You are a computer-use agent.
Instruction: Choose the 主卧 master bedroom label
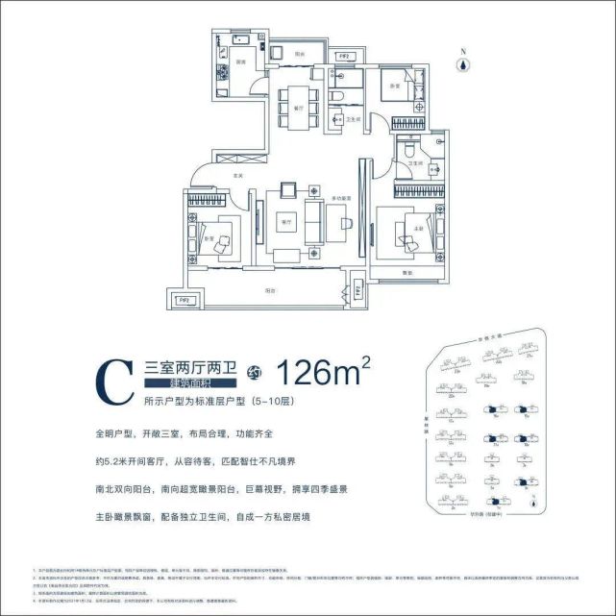[x=416, y=228]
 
